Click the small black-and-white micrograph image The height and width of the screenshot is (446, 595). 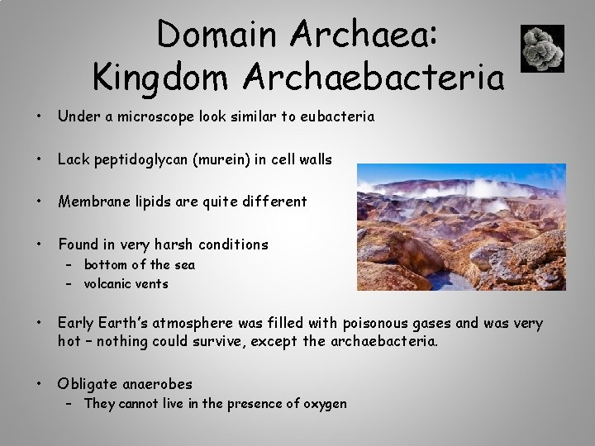tap(543, 48)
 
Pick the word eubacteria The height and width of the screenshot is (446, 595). tap(337, 117)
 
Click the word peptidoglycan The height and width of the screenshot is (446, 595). tap(140, 160)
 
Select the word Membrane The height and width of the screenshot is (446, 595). tap(92, 202)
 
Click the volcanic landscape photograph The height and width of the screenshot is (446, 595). tap(461, 227)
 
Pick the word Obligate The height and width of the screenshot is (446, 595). tap(88, 383)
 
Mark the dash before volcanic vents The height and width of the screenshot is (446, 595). tap(71, 284)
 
